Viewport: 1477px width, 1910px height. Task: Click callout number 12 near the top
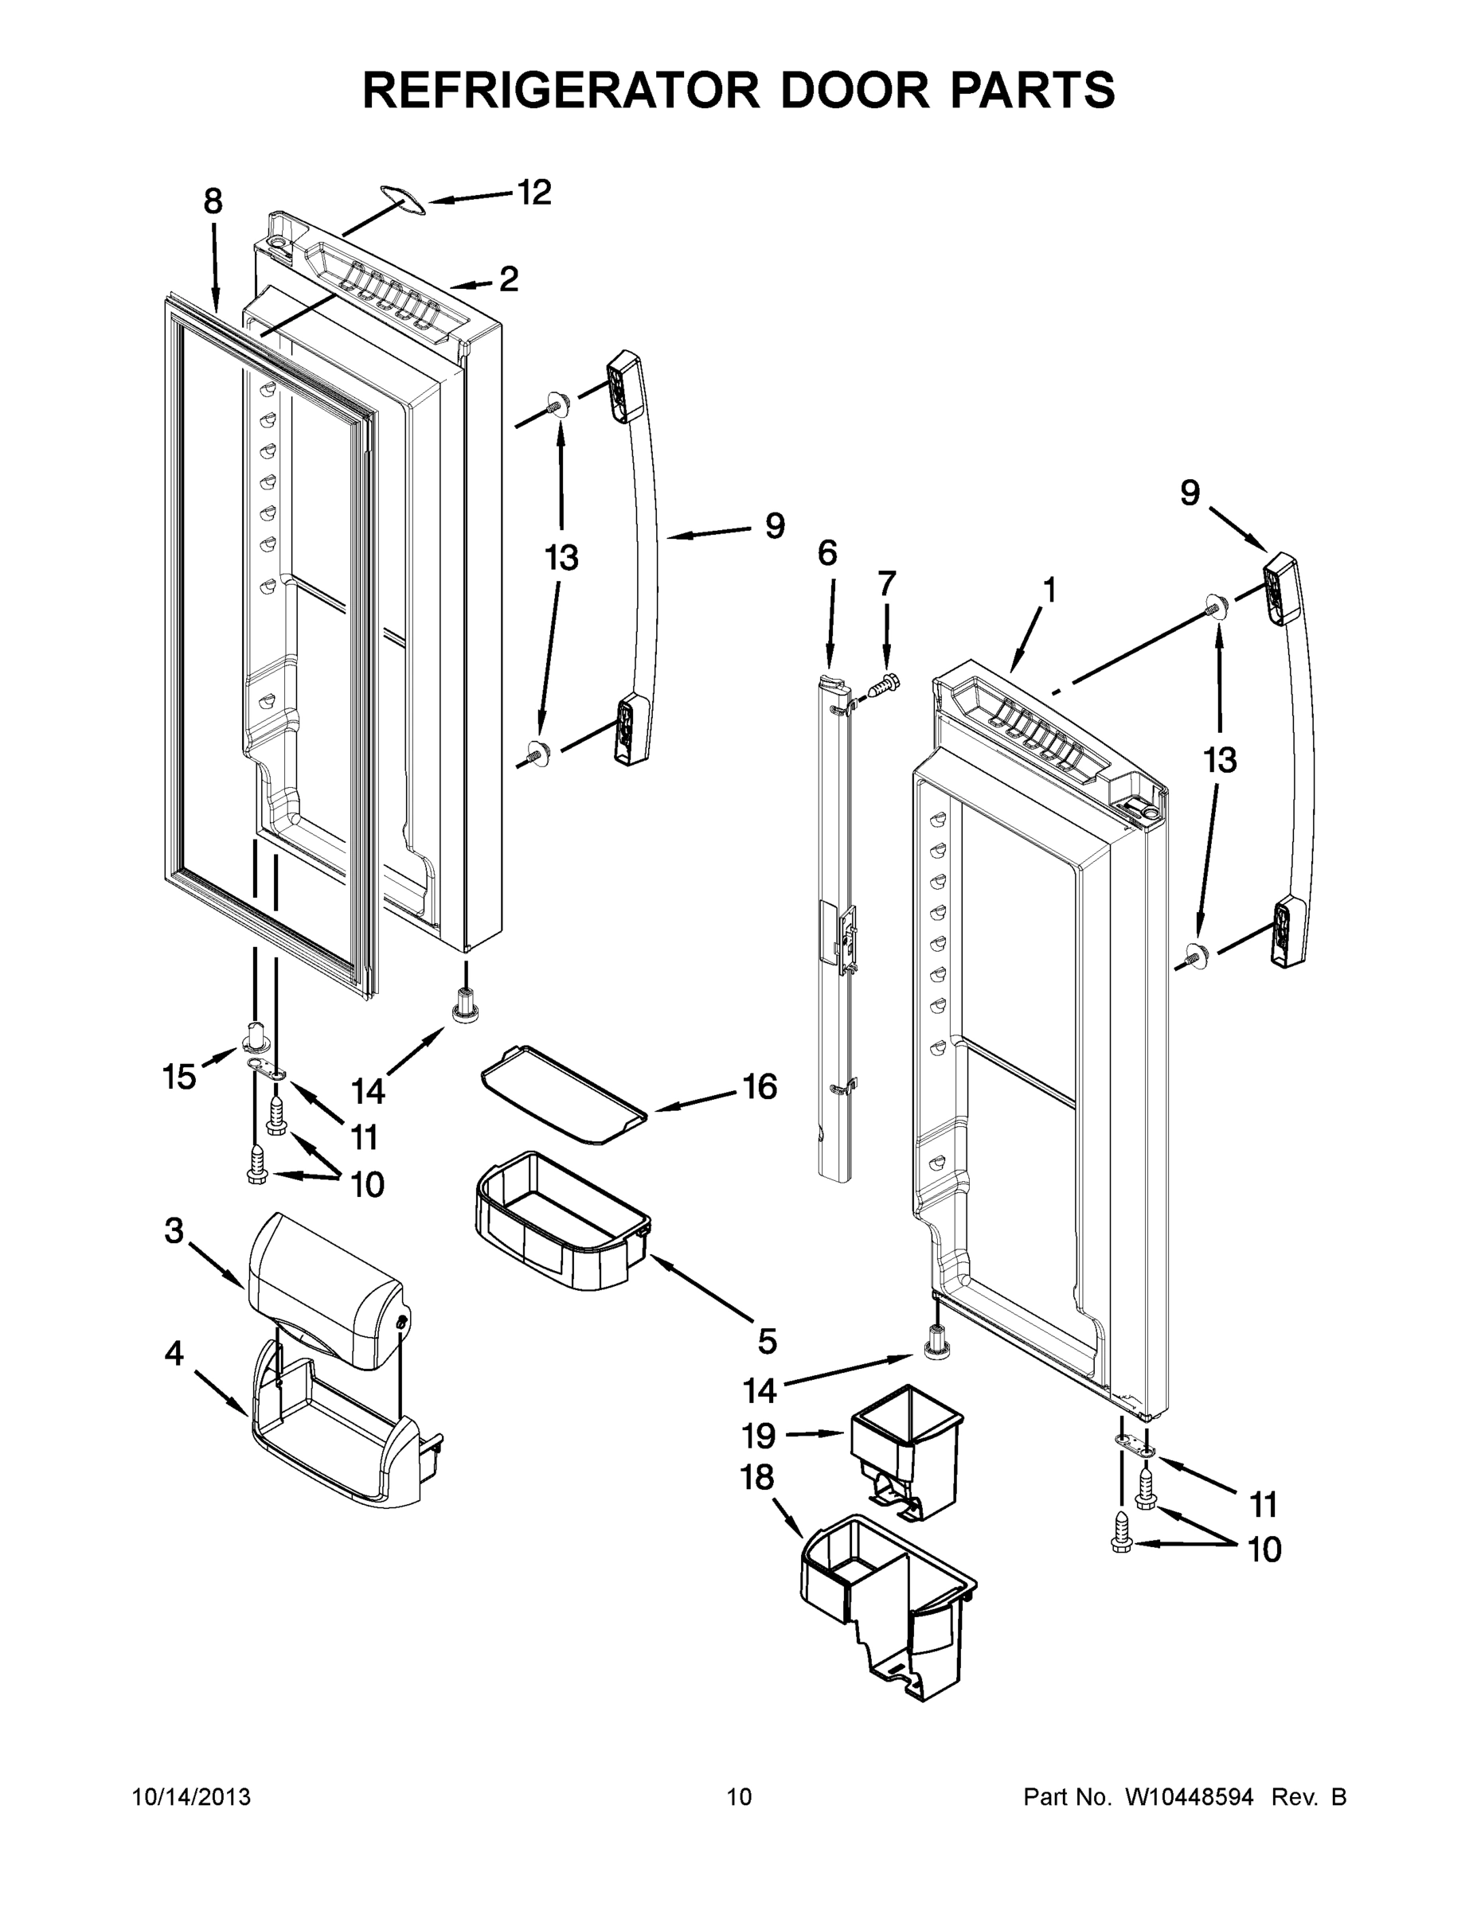click(533, 193)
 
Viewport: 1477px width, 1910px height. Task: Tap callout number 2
click(508, 280)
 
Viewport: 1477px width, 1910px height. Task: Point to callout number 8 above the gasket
click(213, 202)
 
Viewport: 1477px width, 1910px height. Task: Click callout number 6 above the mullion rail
click(826, 553)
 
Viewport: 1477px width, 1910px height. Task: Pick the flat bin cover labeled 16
click(565, 1094)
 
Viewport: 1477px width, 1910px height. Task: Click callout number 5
click(767, 1341)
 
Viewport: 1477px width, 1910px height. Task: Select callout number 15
click(178, 1077)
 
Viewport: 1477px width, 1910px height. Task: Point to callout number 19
click(759, 1435)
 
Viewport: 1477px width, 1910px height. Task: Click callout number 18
click(757, 1477)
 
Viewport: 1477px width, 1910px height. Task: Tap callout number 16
click(760, 1087)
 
